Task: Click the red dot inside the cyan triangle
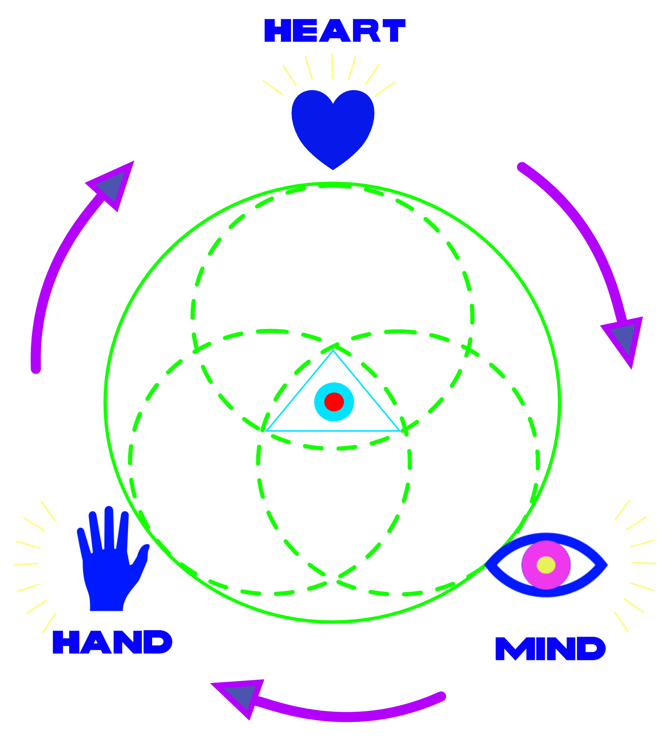(x=334, y=402)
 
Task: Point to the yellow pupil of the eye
(x=546, y=564)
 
